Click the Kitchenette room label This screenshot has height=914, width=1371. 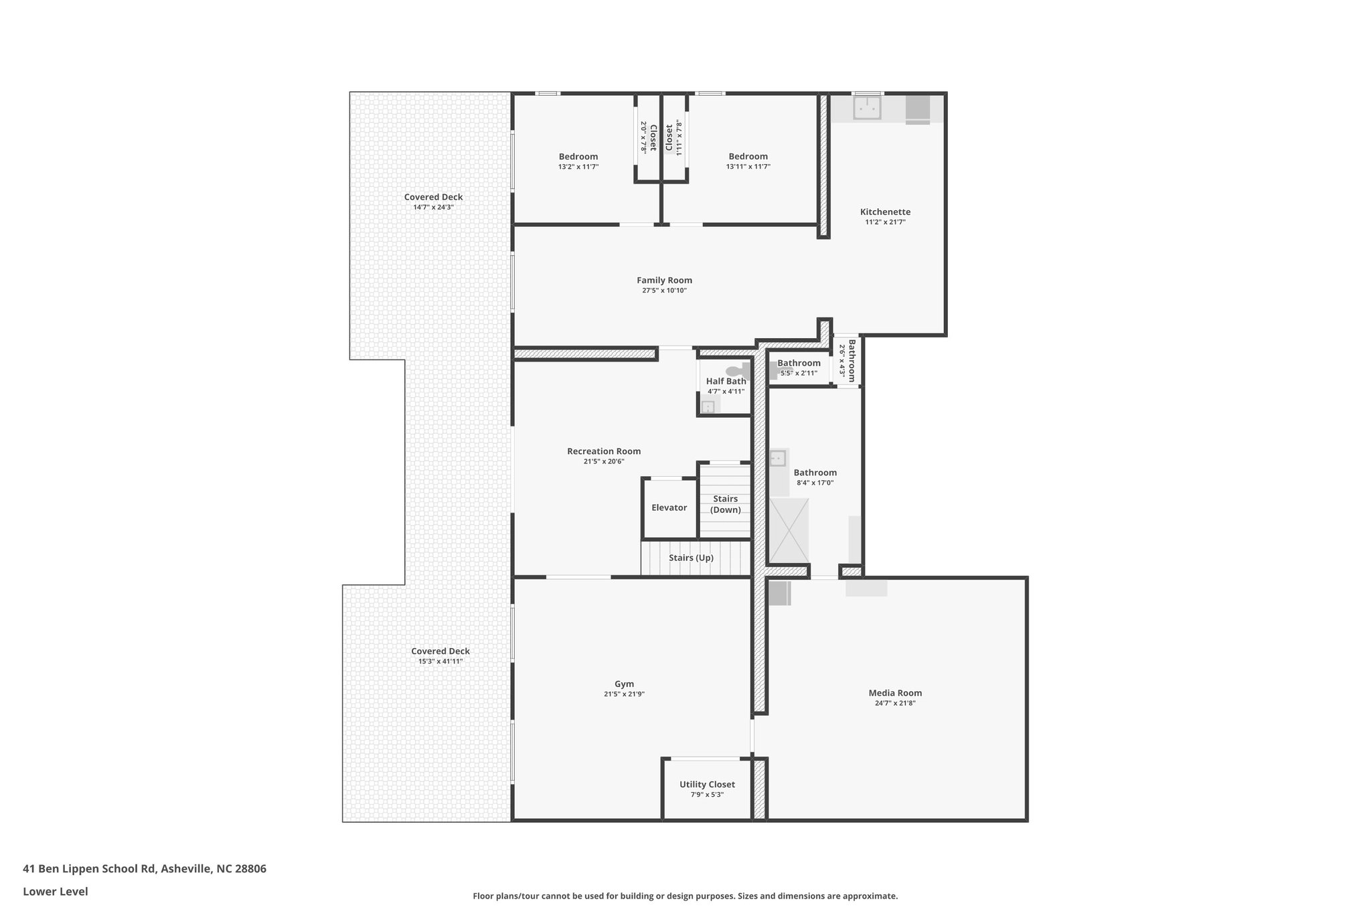click(x=885, y=212)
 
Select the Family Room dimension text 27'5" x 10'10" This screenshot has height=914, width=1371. click(x=664, y=291)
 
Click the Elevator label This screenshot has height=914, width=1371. click(x=669, y=508)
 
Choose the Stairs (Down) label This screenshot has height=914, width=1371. click(x=725, y=504)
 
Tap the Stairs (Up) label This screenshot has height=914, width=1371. click(x=691, y=558)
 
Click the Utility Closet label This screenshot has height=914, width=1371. click(x=707, y=784)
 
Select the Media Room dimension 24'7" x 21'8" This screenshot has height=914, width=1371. click(x=895, y=703)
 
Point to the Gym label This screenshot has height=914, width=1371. click(x=624, y=684)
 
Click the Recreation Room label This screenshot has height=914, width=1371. click(x=604, y=451)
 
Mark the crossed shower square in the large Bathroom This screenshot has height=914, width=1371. click(x=789, y=530)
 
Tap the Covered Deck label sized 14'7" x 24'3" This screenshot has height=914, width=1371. click(x=433, y=197)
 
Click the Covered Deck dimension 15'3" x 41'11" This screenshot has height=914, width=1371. click(x=440, y=662)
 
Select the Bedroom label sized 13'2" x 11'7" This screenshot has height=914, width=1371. click(x=578, y=157)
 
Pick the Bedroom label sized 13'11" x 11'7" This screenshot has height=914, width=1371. click(x=748, y=157)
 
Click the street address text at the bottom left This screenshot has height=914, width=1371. click(x=145, y=869)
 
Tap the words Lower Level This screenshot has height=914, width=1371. click(x=56, y=891)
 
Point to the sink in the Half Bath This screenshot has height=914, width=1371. click(x=708, y=406)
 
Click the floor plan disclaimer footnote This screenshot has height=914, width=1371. click(x=685, y=896)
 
